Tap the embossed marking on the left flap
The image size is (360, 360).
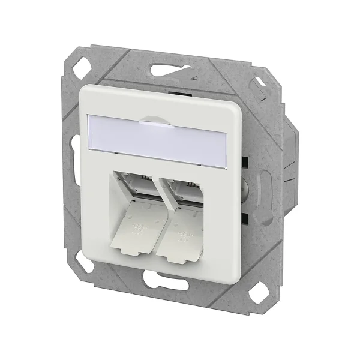click(139, 229)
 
